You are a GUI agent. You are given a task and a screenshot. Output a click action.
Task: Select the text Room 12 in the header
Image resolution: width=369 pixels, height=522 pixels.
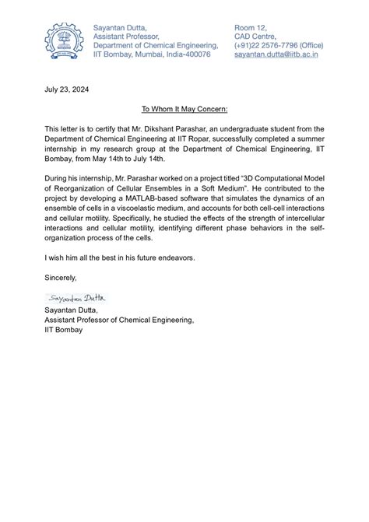tap(250, 27)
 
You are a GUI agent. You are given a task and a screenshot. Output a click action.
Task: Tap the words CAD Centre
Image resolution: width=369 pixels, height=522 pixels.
tap(255, 36)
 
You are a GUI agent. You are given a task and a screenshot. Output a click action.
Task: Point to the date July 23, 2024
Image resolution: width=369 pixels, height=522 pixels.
tap(66, 90)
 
